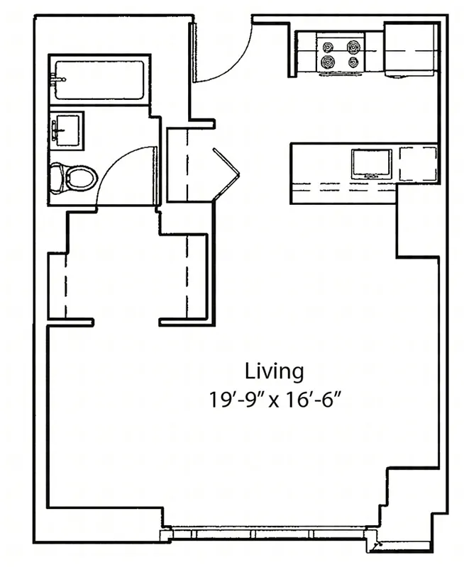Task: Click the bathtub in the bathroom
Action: [x=99, y=79]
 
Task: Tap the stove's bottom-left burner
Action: [x=328, y=62]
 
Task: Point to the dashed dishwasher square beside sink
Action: [x=416, y=163]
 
